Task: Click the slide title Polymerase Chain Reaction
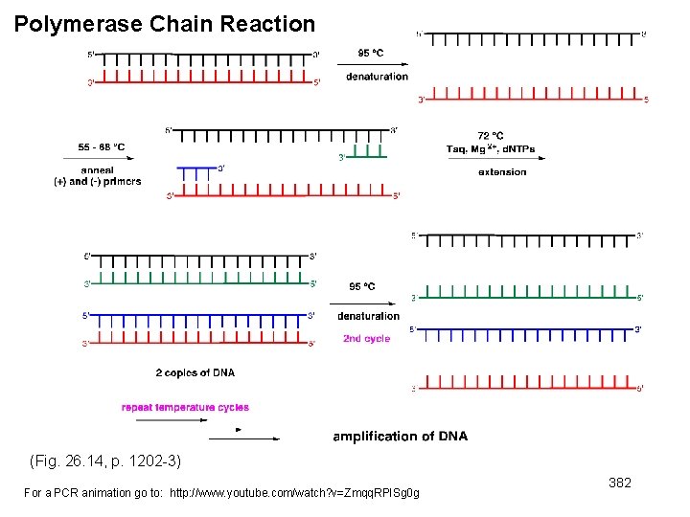tap(165, 24)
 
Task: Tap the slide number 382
tap(620, 483)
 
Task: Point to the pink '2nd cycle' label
tap(366, 339)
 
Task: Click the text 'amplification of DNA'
tap(400, 437)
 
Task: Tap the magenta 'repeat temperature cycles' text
tap(185, 407)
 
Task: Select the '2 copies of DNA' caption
tap(195, 372)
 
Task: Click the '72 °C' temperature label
tap(490, 137)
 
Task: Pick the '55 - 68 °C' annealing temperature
tap(102, 147)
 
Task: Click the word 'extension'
tap(502, 172)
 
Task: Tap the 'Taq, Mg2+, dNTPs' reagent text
tap(491, 149)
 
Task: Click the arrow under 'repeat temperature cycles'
tap(243, 438)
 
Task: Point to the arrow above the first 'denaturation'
tap(371, 64)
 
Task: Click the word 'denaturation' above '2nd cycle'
tap(368, 316)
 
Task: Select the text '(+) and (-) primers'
tap(97, 182)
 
